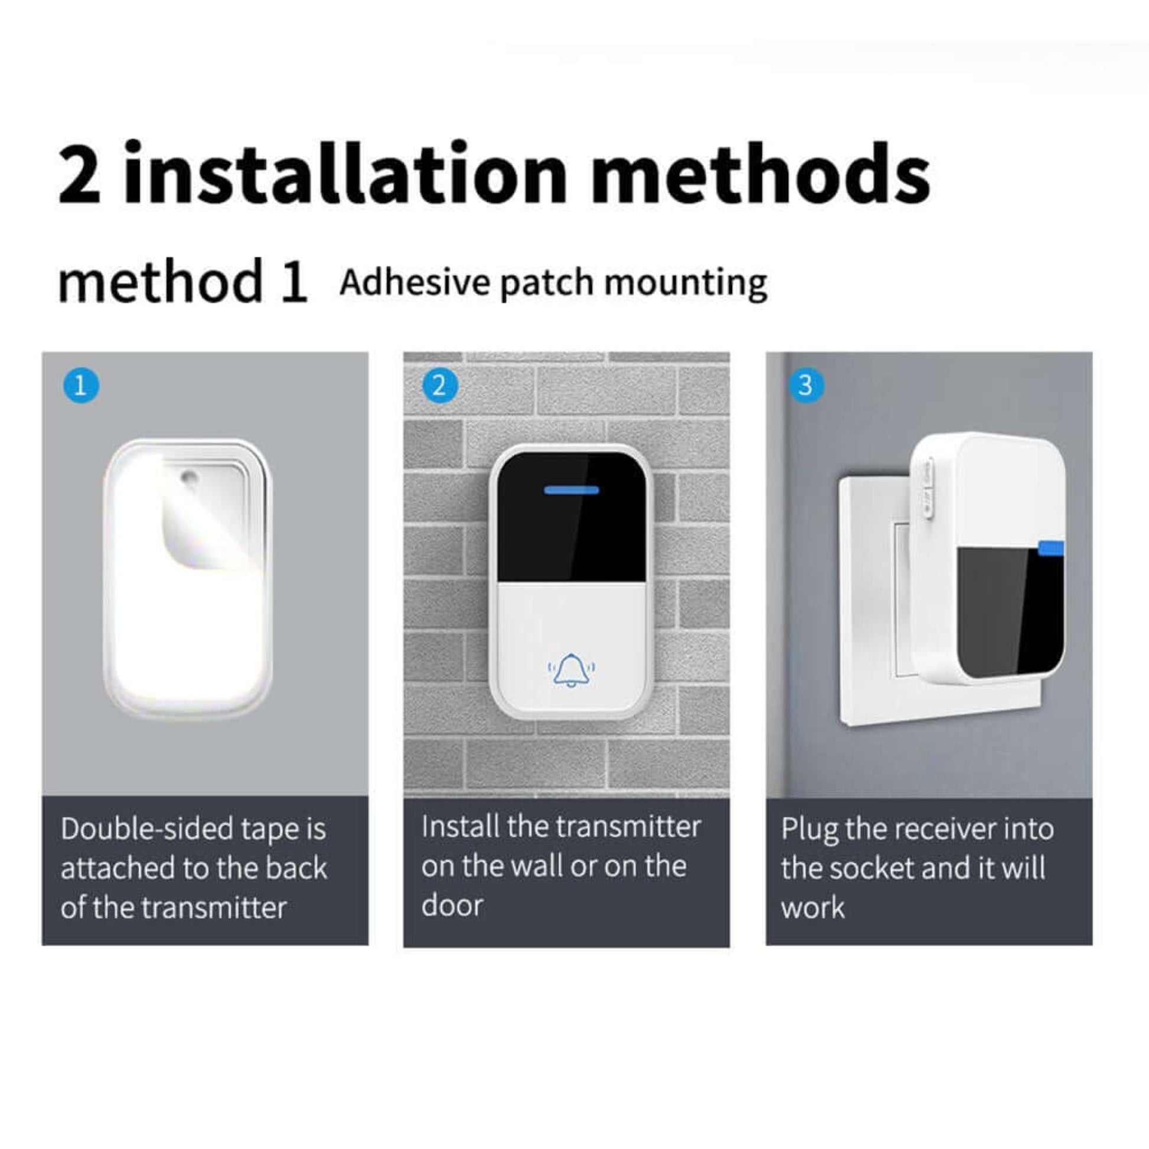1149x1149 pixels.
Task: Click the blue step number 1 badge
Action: (x=81, y=386)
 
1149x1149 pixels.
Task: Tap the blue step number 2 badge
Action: (x=440, y=386)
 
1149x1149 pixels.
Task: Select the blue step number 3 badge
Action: (x=806, y=385)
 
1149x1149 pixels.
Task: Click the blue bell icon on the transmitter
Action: (x=571, y=670)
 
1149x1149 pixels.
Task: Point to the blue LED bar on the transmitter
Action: (x=572, y=490)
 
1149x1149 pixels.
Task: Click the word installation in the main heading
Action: (x=345, y=174)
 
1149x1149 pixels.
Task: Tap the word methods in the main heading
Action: (x=760, y=174)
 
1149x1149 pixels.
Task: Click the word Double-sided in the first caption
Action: (x=146, y=828)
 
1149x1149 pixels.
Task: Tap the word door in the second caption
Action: (x=452, y=906)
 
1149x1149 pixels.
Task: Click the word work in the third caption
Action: (x=812, y=908)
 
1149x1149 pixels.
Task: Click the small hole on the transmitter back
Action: (x=190, y=476)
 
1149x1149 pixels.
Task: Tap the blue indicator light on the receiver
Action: (x=1051, y=547)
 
